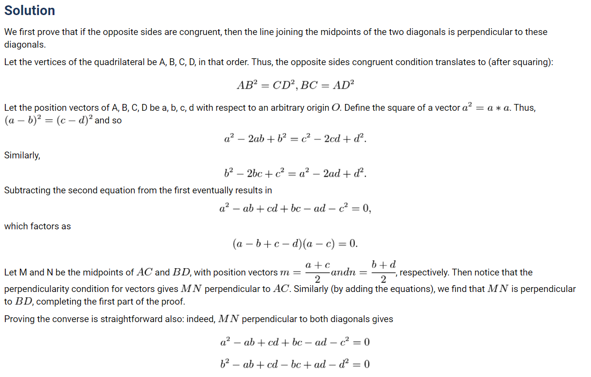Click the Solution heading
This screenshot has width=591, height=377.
(x=30, y=11)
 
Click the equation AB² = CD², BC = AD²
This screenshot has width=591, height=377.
(x=295, y=85)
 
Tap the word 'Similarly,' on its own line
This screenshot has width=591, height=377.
(x=22, y=155)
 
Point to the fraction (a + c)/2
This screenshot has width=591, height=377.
(x=318, y=272)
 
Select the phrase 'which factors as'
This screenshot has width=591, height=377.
(x=37, y=226)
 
